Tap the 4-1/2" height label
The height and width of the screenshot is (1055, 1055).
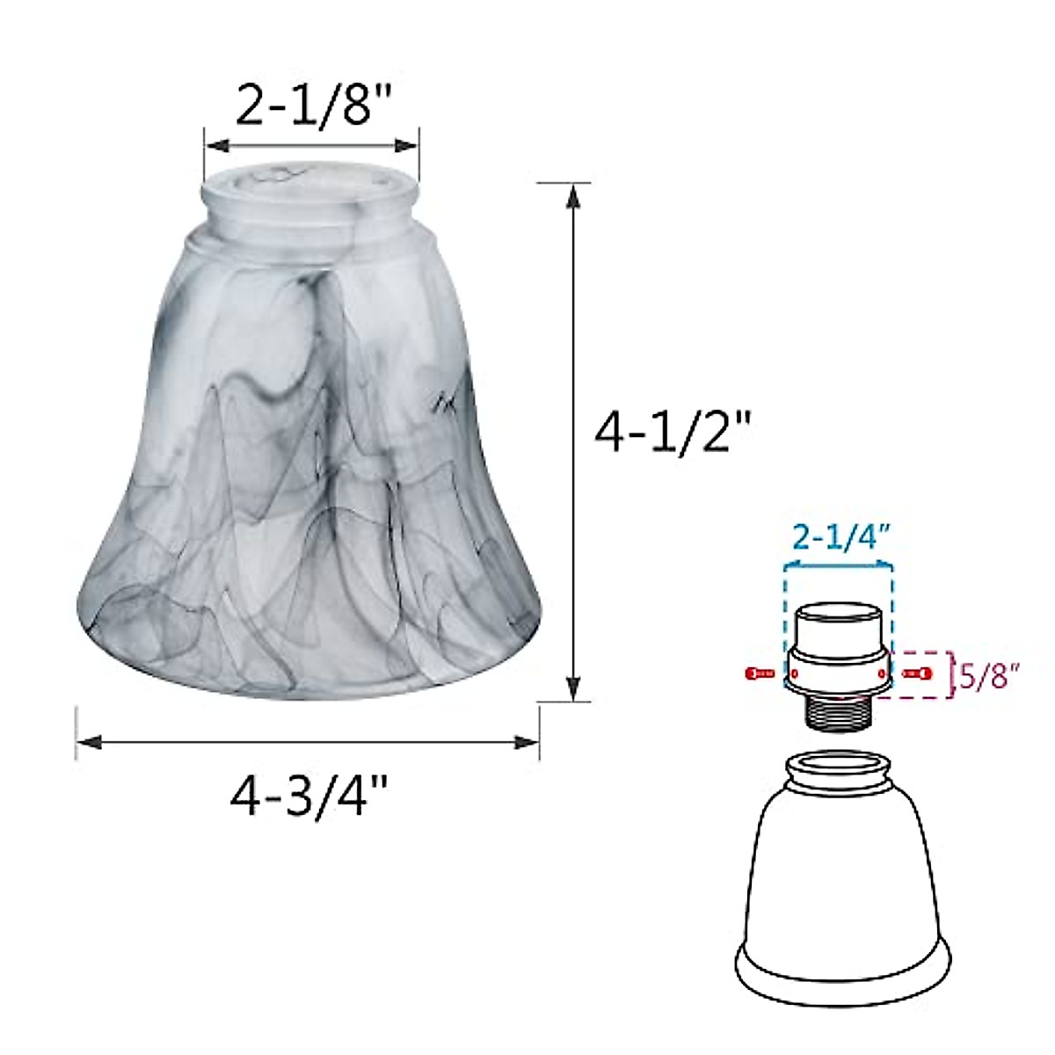[673, 433]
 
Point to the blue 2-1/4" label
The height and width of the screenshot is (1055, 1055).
[838, 537]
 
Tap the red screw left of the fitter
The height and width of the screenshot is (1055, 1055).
[759, 673]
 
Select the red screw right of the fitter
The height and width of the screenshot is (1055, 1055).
[917, 673]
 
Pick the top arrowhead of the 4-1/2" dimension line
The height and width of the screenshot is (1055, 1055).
[573, 195]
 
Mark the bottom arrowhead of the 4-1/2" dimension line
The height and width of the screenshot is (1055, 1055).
[573, 689]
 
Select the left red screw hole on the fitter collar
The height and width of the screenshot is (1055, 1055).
[794, 673]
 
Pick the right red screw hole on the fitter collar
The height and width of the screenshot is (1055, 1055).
[882, 673]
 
